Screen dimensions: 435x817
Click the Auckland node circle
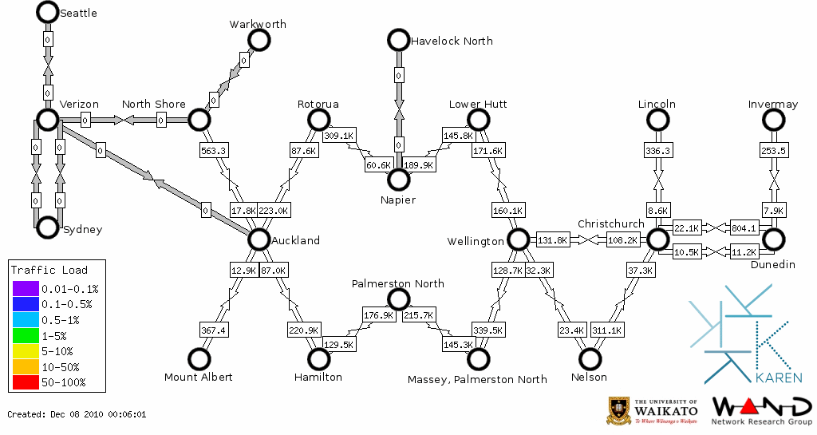coord(259,239)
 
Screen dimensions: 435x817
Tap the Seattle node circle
coord(47,12)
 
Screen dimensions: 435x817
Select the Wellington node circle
coord(519,239)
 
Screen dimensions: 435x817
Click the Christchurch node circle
coord(657,239)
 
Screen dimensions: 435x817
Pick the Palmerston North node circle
coord(398,299)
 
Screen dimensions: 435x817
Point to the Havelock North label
coord(452,41)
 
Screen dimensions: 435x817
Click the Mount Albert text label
coord(198,377)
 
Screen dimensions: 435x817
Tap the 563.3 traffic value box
coord(213,150)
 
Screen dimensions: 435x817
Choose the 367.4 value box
coord(213,330)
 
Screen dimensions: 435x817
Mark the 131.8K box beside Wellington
coord(552,239)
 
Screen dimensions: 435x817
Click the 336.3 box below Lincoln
coord(657,150)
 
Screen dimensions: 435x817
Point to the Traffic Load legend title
coord(49,270)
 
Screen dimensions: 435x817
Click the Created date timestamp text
coord(77,414)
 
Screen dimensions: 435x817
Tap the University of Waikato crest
coord(618,410)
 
